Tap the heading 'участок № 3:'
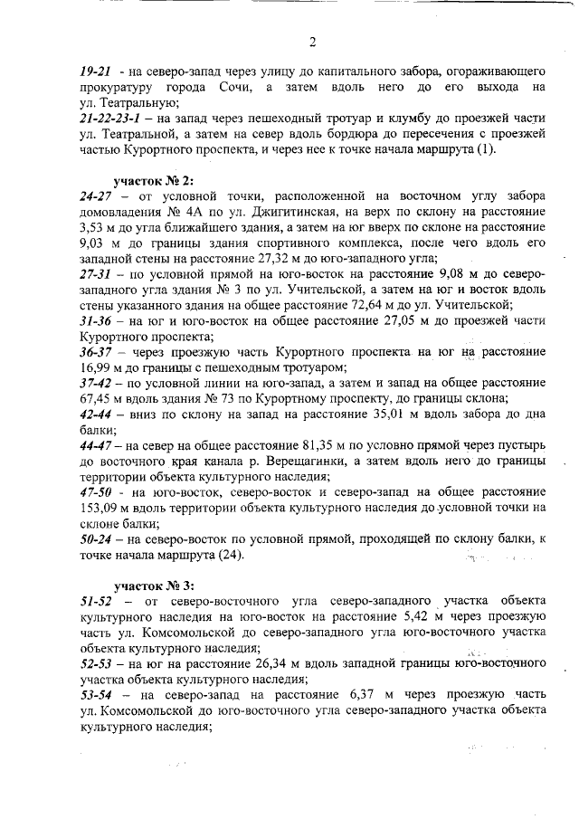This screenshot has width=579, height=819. click(x=151, y=585)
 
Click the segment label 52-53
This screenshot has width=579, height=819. click(x=96, y=664)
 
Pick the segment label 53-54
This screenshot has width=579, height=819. click(x=96, y=695)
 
